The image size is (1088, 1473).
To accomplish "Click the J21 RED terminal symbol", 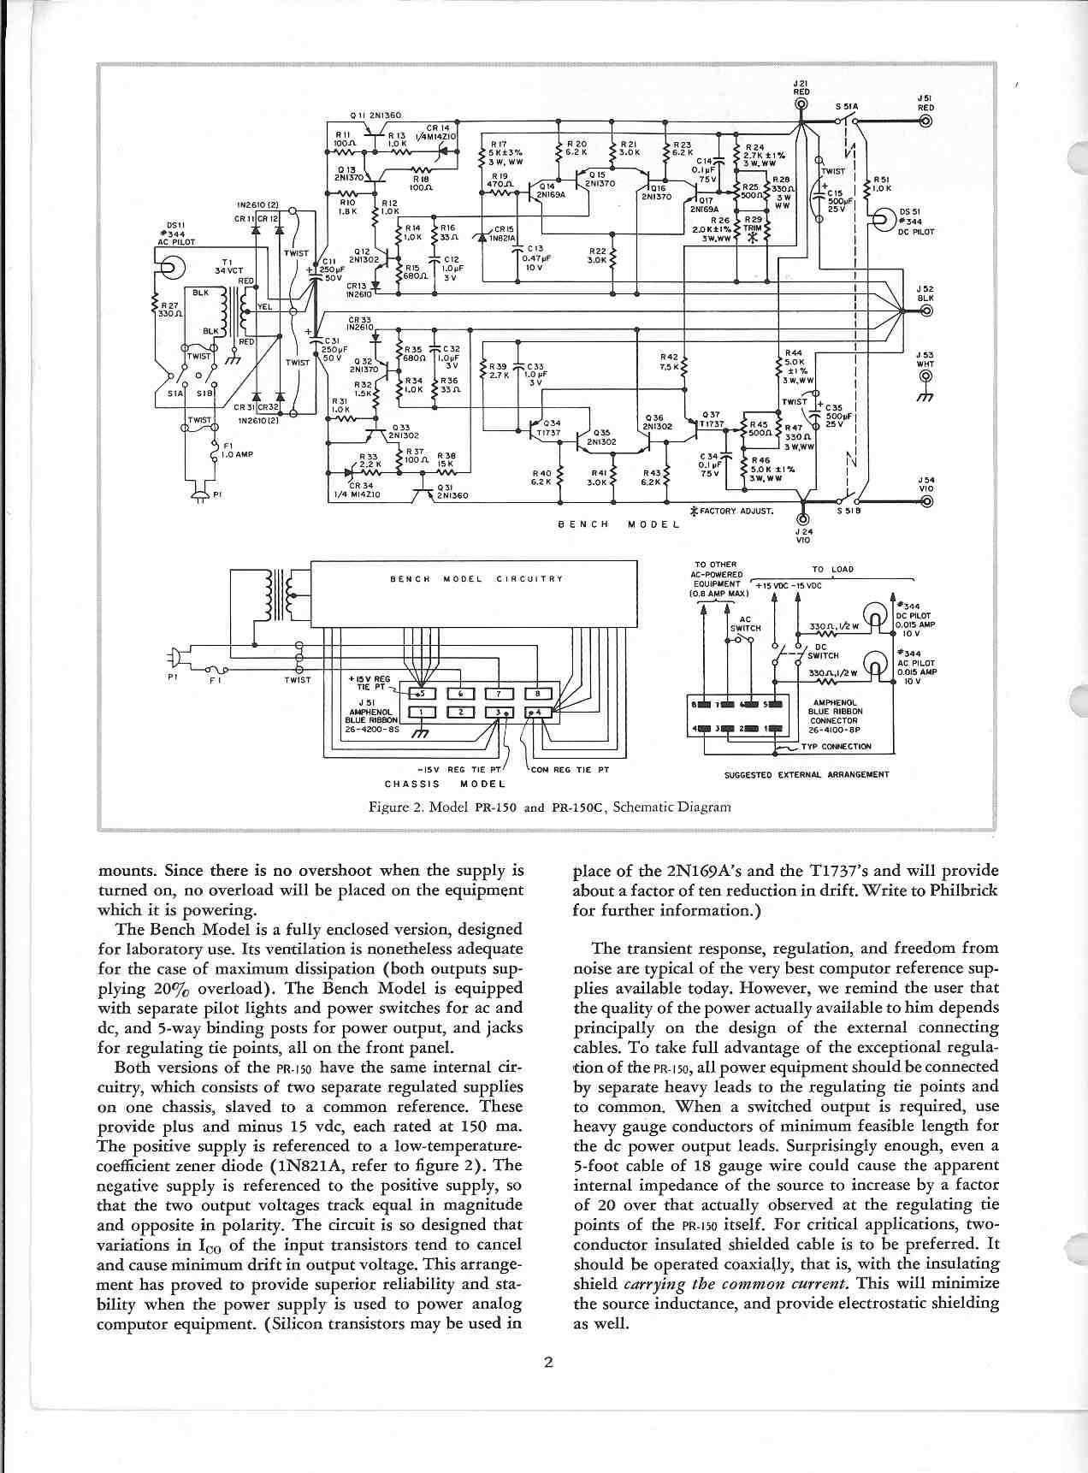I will coord(801,105).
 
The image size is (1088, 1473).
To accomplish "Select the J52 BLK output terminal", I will coord(925,311).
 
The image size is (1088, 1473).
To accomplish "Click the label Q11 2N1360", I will coord(375,115).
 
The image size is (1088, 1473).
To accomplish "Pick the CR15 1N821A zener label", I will coord(503,234).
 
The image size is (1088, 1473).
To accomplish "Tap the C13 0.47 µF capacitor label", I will coord(536,257).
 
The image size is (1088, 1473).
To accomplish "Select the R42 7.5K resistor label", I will coord(670,362).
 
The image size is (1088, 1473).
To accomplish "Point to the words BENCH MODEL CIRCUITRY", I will coord(476,579).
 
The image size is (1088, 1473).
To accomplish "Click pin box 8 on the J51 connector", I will coord(537,694).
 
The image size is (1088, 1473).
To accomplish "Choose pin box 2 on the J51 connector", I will coord(460,712).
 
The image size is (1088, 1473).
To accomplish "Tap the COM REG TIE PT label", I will coord(570,769).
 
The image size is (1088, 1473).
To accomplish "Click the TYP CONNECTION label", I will coord(836,746).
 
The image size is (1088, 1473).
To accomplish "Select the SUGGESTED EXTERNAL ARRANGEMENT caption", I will coord(806,774).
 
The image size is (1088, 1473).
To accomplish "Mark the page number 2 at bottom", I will coord(548,1363).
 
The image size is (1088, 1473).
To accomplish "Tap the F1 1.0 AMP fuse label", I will coord(236,450).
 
